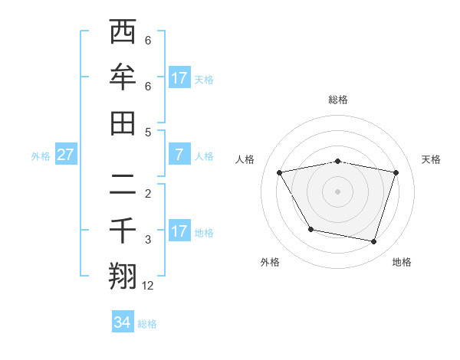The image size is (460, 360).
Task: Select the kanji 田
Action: point(123,123)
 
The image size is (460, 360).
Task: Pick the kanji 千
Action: point(123,231)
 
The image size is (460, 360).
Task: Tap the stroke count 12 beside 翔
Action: point(148,286)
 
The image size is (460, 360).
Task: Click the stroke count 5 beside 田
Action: point(148,132)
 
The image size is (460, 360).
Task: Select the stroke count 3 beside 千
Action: point(148,240)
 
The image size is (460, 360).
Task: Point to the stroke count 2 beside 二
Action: point(148,193)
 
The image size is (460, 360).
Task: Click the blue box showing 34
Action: point(123,322)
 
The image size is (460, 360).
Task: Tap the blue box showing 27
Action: point(65,155)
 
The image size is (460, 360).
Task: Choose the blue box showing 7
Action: point(179,155)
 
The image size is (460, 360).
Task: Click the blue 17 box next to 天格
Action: point(179,77)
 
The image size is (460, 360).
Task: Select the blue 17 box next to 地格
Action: point(179,231)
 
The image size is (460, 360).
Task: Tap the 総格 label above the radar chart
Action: point(338,100)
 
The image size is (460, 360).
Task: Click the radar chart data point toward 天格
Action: point(396,172)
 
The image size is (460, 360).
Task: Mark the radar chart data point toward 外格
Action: point(310,229)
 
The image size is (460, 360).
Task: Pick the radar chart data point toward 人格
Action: point(280,172)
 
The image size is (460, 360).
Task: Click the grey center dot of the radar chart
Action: point(338,191)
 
